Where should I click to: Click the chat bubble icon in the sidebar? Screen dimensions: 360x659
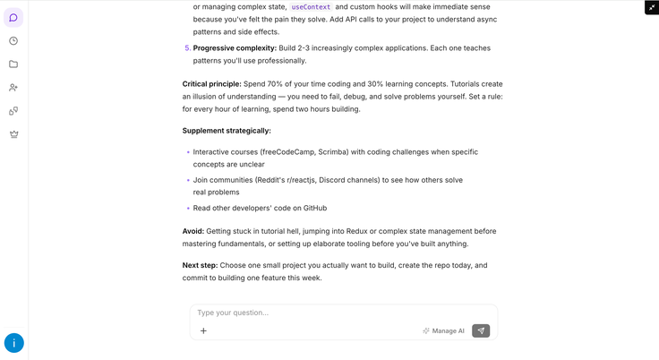tap(13, 17)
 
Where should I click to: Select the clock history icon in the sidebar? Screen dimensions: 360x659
tap(13, 40)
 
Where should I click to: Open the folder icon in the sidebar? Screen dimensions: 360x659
tap(13, 64)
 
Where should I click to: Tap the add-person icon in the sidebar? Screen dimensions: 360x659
tap(13, 88)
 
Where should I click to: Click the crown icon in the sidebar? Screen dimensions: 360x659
tap(13, 134)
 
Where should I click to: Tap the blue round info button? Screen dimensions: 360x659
tap(14, 343)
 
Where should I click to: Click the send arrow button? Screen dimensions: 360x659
tap(481, 330)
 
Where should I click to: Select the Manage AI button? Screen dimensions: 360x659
tap(443, 330)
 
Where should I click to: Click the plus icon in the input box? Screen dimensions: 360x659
tap(203, 330)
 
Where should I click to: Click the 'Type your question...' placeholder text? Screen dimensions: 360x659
tap(233, 313)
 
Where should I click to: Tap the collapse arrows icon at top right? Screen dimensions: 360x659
tap(651, 7)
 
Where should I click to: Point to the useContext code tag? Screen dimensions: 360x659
tap(310, 6)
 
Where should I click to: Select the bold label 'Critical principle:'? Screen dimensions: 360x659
tap(212, 83)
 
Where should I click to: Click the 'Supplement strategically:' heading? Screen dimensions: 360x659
tap(227, 131)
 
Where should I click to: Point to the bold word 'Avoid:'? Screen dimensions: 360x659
tap(193, 231)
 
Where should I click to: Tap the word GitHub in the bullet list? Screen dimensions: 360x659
tap(315, 209)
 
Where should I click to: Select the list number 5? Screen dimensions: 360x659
tap(187, 48)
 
